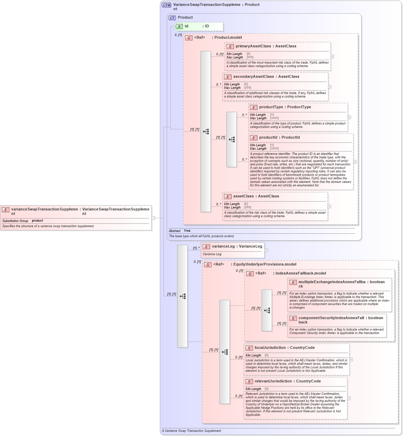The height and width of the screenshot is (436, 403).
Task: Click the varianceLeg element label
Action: point(223,247)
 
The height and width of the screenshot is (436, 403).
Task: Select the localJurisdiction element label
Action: point(270,348)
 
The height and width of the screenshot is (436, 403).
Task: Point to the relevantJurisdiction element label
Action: point(273,381)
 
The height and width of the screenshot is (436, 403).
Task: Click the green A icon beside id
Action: point(179,27)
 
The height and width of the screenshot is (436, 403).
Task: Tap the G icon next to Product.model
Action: point(189,38)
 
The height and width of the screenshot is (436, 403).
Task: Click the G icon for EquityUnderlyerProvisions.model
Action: point(208,265)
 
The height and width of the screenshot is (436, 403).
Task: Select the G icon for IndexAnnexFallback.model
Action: point(250,274)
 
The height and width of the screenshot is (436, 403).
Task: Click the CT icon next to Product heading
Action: point(172,18)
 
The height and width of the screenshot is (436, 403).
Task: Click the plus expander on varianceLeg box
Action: point(266,250)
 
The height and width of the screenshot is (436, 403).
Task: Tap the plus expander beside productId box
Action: point(355,162)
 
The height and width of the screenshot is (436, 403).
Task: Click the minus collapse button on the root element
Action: point(153,218)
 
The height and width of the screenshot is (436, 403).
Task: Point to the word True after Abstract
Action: point(187,231)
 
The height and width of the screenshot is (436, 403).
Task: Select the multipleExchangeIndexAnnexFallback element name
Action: point(332,282)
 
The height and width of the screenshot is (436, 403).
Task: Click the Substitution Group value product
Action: point(37,221)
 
